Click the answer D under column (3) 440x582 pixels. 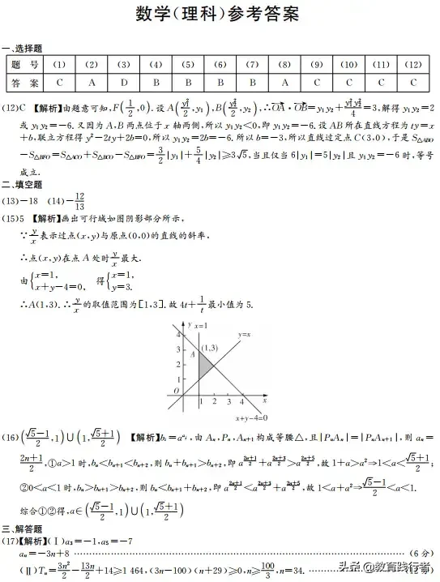click(x=123, y=83)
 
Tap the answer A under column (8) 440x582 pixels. click(x=284, y=83)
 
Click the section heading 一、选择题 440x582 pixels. click(x=22, y=49)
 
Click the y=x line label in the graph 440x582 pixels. click(x=245, y=334)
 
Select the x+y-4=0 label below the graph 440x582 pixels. click(x=250, y=417)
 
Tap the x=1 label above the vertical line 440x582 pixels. click(x=199, y=324)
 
